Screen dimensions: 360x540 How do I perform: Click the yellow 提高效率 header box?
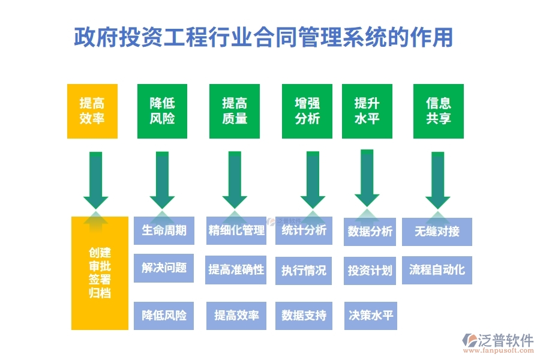coord(92,111)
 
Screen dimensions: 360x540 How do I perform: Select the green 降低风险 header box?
coord(162,111)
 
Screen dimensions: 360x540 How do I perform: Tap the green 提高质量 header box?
coord(235,111)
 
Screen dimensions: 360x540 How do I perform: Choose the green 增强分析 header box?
coord(307,111)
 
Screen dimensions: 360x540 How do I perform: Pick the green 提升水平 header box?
coord(367,111)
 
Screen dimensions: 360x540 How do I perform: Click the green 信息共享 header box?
coord(438,111)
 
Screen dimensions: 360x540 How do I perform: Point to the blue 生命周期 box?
coord(164,230)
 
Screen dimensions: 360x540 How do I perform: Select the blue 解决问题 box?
coord(164,268)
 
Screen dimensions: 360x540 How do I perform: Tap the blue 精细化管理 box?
coord(236,230)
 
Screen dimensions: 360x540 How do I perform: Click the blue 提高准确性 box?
coord(236,269)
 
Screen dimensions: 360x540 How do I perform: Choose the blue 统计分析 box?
coord(304,230)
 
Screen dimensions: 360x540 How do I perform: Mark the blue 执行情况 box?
coord(304,270)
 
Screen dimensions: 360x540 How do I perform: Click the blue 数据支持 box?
coord(304,315)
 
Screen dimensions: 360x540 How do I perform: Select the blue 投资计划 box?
coord(370,270)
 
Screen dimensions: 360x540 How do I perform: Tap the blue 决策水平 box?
coord(370,315)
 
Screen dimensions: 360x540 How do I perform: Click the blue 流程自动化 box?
coord(437,269)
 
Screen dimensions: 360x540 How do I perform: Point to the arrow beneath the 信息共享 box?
coord(438,180)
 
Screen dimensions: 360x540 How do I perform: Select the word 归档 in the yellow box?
coord(100,293)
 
